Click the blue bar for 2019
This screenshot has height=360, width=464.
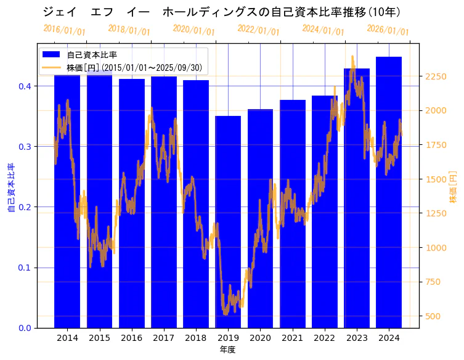228,222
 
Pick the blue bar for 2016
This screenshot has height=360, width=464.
132,203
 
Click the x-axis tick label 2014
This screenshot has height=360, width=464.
67,338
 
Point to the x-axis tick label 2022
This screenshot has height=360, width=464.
324,338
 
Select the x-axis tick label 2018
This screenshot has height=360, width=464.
196,338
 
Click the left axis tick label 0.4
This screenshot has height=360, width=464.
25,86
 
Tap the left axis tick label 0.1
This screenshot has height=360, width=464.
25,268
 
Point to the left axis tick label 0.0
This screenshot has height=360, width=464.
25,328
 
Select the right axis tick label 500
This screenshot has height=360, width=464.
433,316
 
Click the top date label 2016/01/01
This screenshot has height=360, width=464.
64,30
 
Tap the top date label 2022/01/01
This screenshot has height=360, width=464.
258,30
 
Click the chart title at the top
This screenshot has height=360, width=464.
222,12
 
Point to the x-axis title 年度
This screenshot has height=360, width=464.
227,350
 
